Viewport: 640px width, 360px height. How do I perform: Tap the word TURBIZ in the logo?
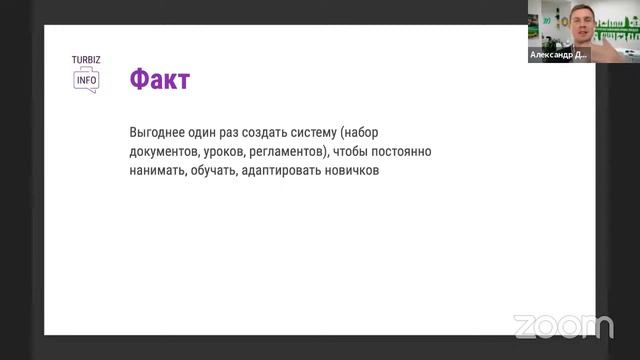tap(85, 60)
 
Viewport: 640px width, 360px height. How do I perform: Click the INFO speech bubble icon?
tap(86, 81)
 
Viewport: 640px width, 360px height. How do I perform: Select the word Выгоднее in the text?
tap(158, 133)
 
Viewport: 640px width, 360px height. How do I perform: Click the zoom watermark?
tap(563, 326)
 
